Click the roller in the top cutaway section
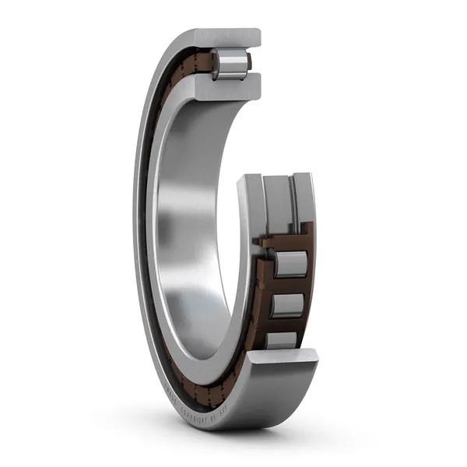(230, 63)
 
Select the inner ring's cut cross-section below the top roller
(226, 89)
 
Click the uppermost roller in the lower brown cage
(290, 264)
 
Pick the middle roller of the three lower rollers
(287, 304)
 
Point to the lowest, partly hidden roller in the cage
(282, 339)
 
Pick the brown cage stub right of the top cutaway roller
(251, 64)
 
